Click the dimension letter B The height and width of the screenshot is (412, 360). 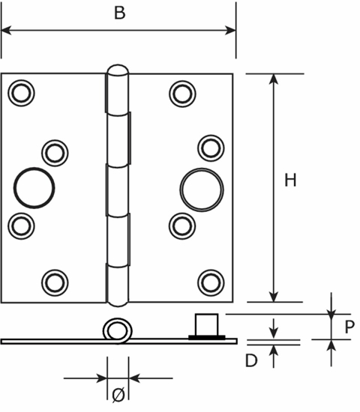point(118,13)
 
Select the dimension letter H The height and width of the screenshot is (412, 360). point(290,180)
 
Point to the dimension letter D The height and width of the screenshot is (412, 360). point(251,360)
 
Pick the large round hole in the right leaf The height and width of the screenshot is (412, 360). point(197,186)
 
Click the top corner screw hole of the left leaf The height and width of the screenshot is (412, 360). point(20,92)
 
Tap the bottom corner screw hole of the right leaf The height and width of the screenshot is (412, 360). point(210,281)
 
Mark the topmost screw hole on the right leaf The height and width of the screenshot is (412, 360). point(181,92)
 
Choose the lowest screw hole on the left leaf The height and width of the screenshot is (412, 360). point(53,281)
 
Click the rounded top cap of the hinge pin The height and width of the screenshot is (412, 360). point(116,73)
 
